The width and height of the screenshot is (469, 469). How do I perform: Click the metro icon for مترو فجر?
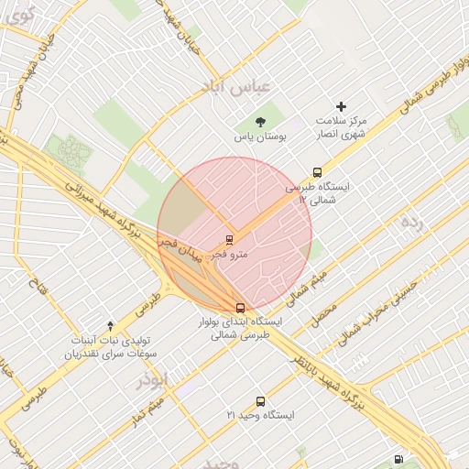click(229, 240)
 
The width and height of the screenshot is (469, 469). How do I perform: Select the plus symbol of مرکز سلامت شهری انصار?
click(342, 107)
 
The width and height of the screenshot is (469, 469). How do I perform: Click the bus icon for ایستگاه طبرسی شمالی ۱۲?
click(318, 172)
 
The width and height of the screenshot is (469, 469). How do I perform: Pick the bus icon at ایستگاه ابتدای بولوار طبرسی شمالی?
click(240, 308)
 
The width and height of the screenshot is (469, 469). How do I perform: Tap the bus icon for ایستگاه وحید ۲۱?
click(261, 401)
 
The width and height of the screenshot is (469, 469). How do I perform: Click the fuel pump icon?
click(398, 459)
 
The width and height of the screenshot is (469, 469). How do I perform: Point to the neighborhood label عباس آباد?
click(238, 85)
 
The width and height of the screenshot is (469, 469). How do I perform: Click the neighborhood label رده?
click(412, 222)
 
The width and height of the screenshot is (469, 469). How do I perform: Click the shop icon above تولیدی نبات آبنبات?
click(111, 325)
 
